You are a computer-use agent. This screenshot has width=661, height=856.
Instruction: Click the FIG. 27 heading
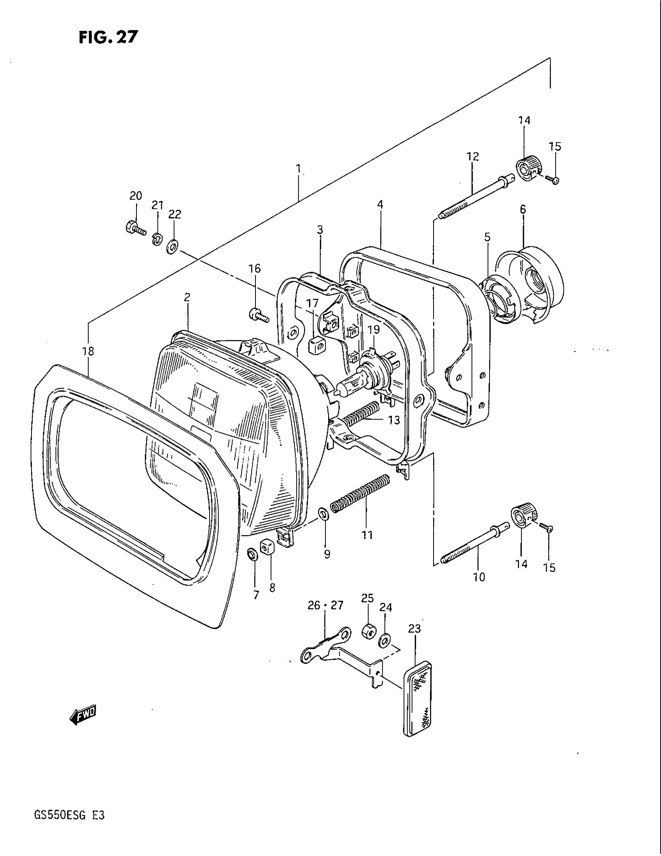click(x=108, y=37)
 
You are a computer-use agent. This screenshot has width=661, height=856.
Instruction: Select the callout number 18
click(x=88, y=352)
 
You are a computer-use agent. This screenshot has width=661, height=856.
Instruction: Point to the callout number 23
click(x=414, y=629)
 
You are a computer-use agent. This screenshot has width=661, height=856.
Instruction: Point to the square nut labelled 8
click(x=267, y=547)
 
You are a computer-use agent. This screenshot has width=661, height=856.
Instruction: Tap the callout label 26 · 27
click(x=325, y=605)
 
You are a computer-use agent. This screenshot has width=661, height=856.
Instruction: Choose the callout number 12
click(x=473, y=156)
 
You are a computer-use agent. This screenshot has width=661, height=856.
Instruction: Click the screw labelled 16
click(x=258, y=315)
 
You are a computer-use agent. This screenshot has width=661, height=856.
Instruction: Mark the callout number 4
click(x=380, y=204)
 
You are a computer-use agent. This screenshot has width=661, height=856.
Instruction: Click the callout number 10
click(x=479, y=577)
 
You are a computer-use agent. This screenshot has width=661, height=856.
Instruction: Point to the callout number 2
click(x=187, y=297)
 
